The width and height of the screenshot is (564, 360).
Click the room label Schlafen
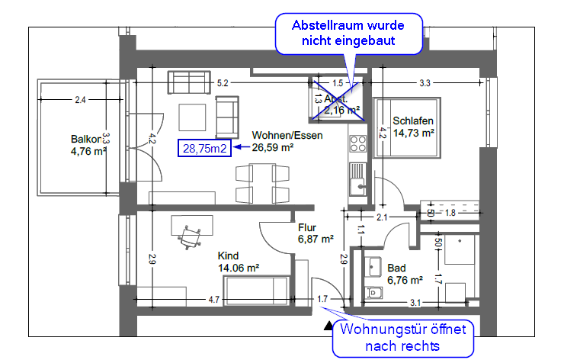[x=413, y=121]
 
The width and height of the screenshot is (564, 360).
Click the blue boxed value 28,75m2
[x=203, y=149]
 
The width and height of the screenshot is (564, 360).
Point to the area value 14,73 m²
[x=413, y=133]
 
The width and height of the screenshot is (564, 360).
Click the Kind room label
[x=228, y=256]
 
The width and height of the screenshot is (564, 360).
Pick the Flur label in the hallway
[x=307, y=227]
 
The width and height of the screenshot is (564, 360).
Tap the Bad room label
[x=396, y=268]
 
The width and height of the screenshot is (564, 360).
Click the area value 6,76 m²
[x=404, y=280]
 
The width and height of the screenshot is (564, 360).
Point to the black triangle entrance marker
[x=328, y=326]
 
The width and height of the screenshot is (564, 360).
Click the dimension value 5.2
[x=223, y=82]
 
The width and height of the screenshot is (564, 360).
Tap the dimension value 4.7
[x=214, y=300]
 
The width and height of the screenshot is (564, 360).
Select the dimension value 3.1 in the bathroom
[x=415, y=303]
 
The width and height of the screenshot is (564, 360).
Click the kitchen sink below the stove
[x=357, y=183]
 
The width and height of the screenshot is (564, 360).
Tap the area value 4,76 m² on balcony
[x=85, y=151]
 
